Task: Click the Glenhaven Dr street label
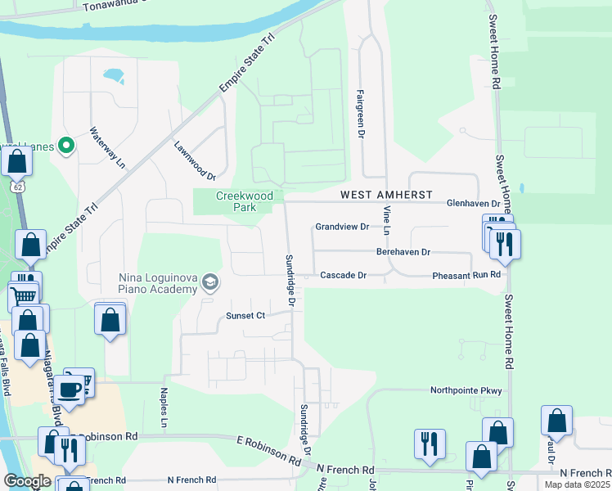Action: point(473,203)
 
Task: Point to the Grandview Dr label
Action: point(342,227)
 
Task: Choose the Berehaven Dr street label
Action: point(403,253)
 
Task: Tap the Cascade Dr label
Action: point(342,276)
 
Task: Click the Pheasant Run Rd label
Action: point(466,276)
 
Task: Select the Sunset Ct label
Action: point(246,315)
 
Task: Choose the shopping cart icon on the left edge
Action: point(24,294)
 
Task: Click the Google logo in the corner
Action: point(27,481)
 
